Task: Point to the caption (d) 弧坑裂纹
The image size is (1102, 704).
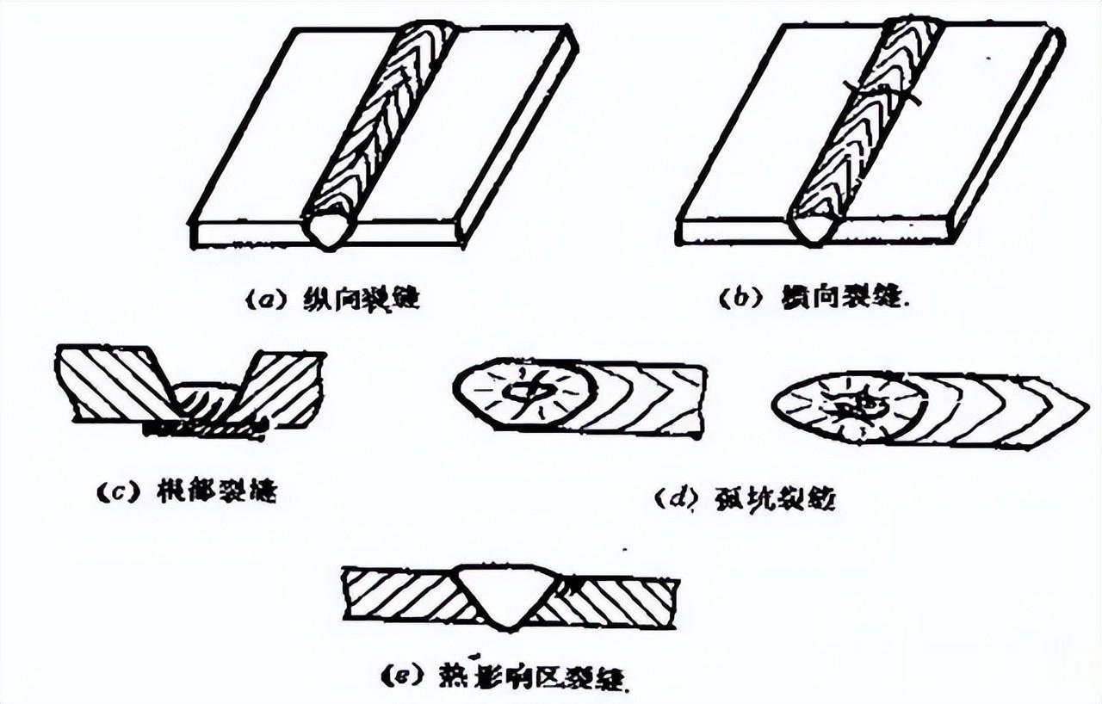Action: click(x=744, y=498)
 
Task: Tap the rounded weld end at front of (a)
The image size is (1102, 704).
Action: click(x=330, y=228)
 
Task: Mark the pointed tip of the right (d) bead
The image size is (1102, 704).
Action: click(x=1083, y=404)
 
